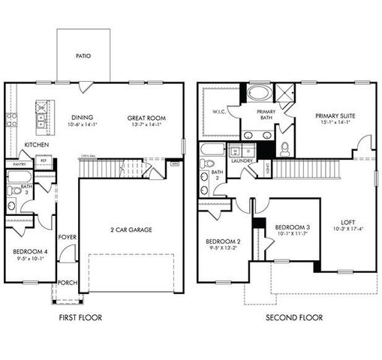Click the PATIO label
[83, 56]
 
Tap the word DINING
[82, 118]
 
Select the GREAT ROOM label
[146, 118]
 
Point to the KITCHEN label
[37, 145]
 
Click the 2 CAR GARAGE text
[131, 229]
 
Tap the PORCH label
[67, 283]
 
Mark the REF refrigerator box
[44, 160]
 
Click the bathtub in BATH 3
[18, 178]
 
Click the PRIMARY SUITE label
[334, 115]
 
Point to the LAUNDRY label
[242, 160]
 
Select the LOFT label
[348, 222]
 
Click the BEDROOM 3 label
[292, 227]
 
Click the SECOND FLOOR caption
[294, 317]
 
